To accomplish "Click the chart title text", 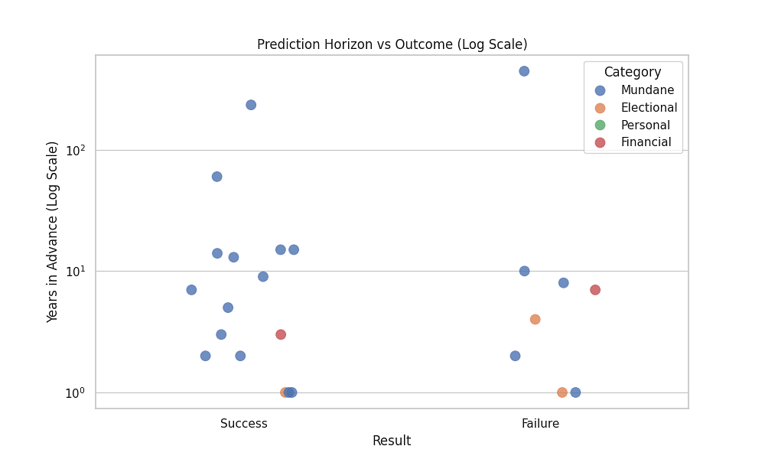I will coord(392,44).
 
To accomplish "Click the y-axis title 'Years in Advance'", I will coord(53,231).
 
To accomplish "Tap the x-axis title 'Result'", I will coord(392,441).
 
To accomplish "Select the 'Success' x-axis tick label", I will coord(244,424).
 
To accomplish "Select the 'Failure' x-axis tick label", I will coord(540,424).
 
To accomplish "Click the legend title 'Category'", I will coord(633,73).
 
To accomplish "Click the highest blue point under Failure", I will coord(524,71).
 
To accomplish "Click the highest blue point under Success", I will coord(251,105).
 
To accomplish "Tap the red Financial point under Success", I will coord(281,334).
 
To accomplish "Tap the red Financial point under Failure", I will coord(595,290).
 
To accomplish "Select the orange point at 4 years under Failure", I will coord(535,319).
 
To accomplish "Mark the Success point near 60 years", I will coord(216,177).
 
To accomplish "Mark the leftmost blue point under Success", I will coord(191,290).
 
